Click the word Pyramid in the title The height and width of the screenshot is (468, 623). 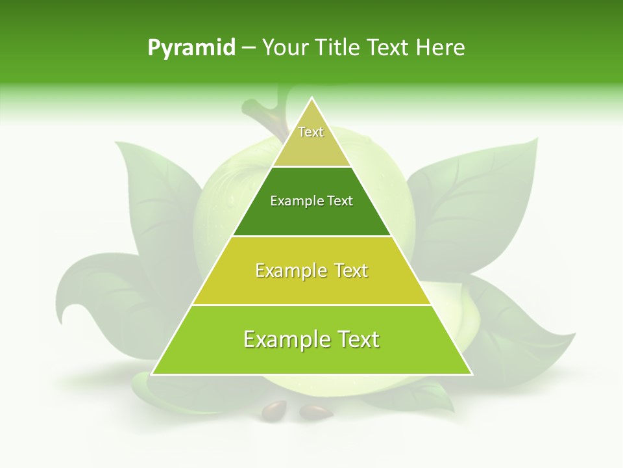191,48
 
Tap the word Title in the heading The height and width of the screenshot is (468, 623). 338,48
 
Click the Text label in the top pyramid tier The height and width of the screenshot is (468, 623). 311,132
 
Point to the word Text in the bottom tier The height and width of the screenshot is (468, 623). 358,339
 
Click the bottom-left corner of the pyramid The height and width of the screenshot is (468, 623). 152,374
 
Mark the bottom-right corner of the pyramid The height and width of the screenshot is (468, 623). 472,374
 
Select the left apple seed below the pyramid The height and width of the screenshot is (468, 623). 274,409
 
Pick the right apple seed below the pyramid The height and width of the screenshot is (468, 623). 316,411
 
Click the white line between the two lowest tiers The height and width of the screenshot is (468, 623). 311,305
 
